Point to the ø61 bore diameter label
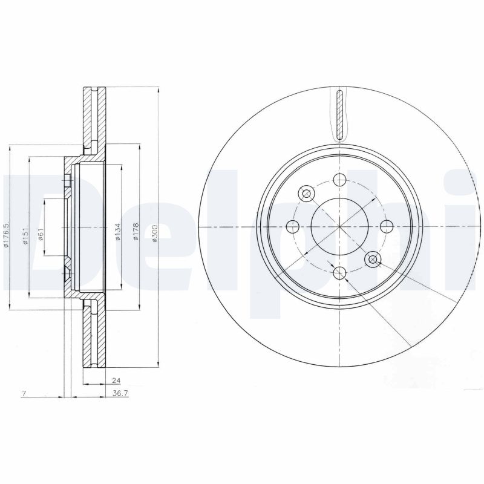point(41,235)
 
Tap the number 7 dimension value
point(23,393)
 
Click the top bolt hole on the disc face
point(339,180)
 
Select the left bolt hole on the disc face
point(293,227)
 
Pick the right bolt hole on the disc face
point(386,227)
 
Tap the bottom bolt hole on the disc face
point(339,273)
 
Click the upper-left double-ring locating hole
point(306,194)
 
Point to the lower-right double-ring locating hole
point(373,260)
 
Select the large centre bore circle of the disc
point(339,227)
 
